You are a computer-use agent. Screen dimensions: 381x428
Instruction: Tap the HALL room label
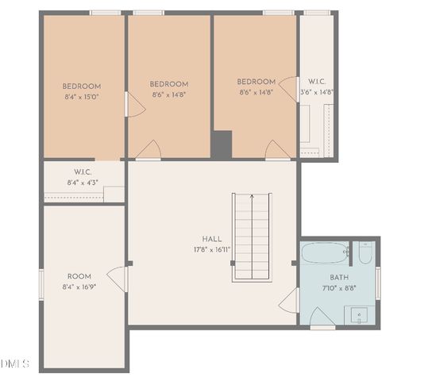[x=212, y=238]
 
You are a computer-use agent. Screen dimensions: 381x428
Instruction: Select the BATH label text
[x=339, y=278]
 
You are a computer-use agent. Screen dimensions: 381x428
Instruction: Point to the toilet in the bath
[x=364, y=253]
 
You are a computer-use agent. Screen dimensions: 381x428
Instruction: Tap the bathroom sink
[x=360, y=314]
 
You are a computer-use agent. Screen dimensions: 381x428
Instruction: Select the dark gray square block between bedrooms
[x=221, y=144]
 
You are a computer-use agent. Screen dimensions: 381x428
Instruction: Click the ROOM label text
[x=79, y=276]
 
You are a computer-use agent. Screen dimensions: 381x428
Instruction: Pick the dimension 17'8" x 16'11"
[x=212, y=249]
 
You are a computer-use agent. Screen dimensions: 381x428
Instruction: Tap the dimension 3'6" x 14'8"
[x=317, y=92]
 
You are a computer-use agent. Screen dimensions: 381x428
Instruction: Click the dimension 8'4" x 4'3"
[x=83, y=183]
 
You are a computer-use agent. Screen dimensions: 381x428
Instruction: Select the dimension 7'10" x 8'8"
[x=339, y=288]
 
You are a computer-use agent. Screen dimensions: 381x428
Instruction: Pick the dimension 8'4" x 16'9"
[x=79, y=287]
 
